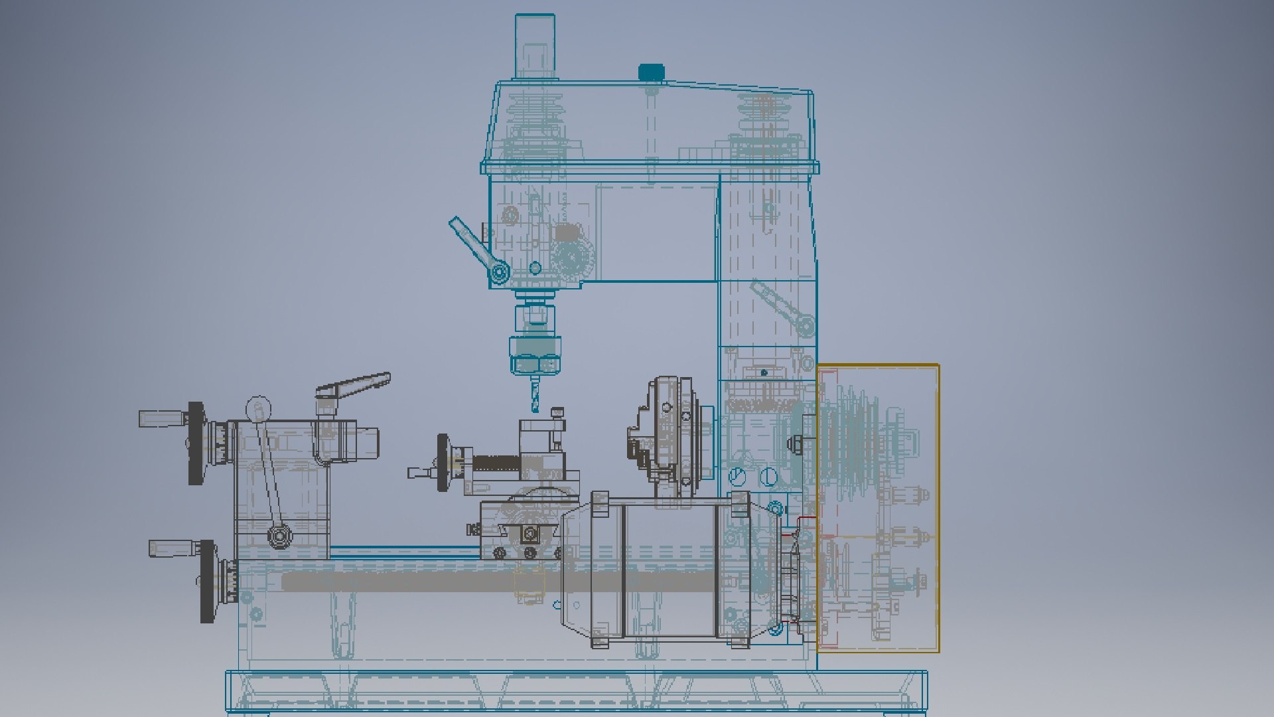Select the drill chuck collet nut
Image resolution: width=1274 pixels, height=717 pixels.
[x=535, y=355]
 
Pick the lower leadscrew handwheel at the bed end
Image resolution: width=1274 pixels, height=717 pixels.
[x=208, y=581]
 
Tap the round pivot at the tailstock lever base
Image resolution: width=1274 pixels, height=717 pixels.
[x=279, y=534]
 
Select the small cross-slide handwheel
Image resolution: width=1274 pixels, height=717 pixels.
[x=443, y=462]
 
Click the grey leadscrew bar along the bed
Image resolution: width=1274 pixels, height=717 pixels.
[x=464, y=582]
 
